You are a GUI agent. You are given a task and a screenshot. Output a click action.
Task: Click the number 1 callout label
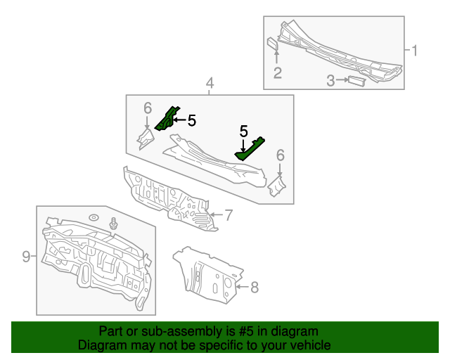coord(415,50)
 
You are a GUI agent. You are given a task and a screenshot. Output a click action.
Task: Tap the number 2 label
coord(278,72)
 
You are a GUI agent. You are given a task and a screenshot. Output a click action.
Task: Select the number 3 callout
coord(330,81)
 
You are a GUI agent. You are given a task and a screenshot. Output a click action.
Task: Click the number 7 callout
coord(229,214)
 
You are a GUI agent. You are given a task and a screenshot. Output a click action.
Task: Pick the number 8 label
coord(255,286)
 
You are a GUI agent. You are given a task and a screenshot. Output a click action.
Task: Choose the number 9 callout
coord(26,257)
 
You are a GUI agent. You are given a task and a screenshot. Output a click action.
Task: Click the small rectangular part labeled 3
coord(356,82)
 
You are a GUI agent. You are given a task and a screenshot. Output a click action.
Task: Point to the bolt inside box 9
coord(112,225)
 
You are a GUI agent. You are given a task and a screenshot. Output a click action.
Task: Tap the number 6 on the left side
coord(148,108)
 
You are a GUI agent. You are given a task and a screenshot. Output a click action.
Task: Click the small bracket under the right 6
coord(276,186)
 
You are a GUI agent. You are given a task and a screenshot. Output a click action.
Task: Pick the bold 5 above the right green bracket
coord(244,131)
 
